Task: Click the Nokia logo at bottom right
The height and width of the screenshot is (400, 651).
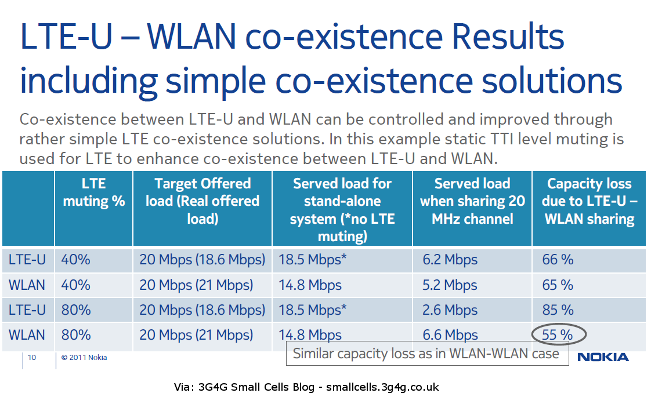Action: (x=603, y=357)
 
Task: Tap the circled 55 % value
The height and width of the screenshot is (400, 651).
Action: (x=558, y=334)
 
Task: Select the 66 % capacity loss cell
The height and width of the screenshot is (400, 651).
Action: (x=558, y=260)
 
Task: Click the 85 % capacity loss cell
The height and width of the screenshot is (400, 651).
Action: (x=558, y=310)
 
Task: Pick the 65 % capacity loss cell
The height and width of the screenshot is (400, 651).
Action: (x=558, y=285)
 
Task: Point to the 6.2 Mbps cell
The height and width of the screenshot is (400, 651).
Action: (x=450, y=260)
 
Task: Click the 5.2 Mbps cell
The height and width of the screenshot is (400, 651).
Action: (x=450, y=285)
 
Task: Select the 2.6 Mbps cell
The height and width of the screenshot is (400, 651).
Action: (x=450, y=310)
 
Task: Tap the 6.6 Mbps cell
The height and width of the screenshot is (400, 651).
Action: (x=450, y=334)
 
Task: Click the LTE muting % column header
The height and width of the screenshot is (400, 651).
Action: (x=94, y=192)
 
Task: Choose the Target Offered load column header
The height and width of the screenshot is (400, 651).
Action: (x=202, y=201)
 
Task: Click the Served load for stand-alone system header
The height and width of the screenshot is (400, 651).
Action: (x=342, y=209)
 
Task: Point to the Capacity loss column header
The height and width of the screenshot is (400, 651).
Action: (x=589, y=201)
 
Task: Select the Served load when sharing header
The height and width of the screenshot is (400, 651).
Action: (x=472, y=201)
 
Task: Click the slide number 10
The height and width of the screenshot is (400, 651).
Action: (x=32, y=357)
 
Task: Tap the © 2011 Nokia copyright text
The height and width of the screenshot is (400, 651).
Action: (x=84, y=357)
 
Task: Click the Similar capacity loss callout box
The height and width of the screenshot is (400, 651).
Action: (x=427, y=354)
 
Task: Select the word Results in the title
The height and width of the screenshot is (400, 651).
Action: (x=508, y=37)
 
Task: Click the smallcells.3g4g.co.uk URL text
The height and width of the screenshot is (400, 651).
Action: (x=382, y=387)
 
